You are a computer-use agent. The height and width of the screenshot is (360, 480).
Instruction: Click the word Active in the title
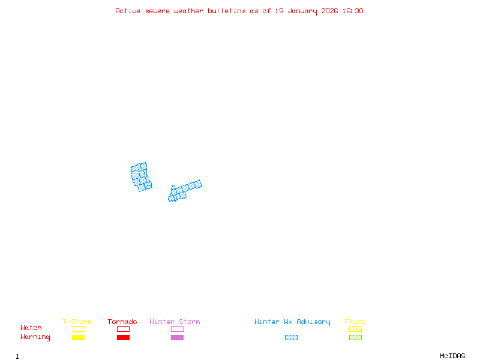click(x=128, y=11)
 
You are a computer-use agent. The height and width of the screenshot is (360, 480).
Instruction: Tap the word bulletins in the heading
click(x=227, y=11)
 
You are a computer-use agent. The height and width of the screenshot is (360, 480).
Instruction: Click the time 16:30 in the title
click(x=353, y=11)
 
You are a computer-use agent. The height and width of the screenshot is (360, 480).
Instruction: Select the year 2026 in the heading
click(x=331, y=11)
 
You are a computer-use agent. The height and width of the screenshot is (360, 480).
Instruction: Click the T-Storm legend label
click(x=77, y=322)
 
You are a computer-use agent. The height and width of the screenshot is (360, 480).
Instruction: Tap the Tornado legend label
click(x=122, y=322)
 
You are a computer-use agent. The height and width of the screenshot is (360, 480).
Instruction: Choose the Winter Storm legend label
click(x=175, y=322)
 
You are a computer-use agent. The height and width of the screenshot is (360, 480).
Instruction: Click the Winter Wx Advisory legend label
click(x=292, y=322)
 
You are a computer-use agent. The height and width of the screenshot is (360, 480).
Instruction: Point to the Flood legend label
click(x=355, y=322)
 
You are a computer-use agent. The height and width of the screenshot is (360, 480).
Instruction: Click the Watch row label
click(x=31, y=328)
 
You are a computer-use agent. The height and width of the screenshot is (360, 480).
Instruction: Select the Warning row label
click(x=35, y=337)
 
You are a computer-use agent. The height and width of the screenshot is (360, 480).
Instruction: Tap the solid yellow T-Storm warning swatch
click(x=78, y=337)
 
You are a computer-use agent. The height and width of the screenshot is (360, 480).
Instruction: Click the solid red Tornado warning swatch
click(x=123, y=337)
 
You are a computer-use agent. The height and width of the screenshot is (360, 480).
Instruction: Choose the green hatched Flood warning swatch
click(x=355, y=337)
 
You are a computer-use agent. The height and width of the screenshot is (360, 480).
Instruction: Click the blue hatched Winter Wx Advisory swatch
click(x=291, y=337)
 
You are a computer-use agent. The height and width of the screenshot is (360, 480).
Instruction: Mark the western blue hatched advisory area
click(x=140, y=176)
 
